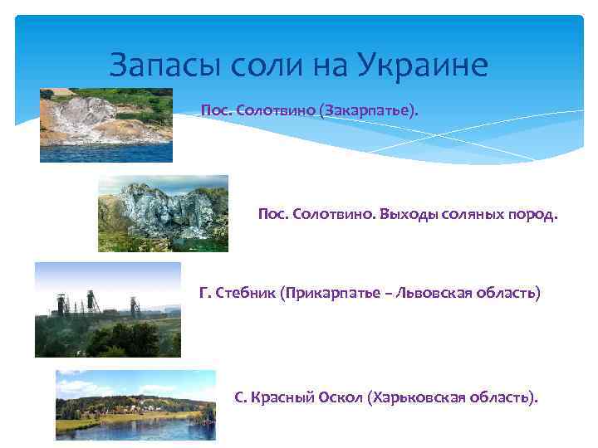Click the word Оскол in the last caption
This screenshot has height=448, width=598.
[340, 397]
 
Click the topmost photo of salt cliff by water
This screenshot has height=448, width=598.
[106, 124]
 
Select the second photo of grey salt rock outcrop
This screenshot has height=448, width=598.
[163, 213]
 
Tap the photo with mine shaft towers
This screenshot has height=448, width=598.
[107, 309]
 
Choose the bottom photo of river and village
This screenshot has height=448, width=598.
[135, 405]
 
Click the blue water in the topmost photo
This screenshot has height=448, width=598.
[106, 152]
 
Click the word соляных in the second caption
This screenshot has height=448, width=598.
[474, 215]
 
